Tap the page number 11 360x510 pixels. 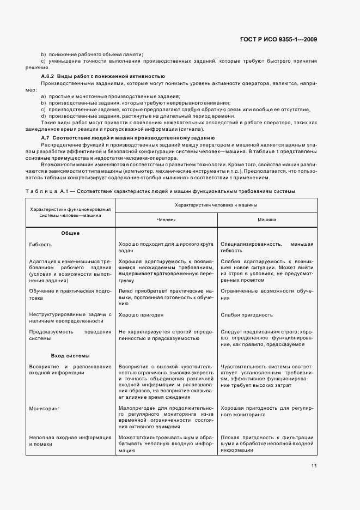[x=314, y=465]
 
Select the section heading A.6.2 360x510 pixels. [x=103, y=76]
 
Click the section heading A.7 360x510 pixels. [x=128, y=138]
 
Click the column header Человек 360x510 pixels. [x=166, y=220]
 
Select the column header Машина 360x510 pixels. [x=267, y=220]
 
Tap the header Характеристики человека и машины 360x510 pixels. [x=216, y=205]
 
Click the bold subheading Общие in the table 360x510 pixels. [x=70, y=233]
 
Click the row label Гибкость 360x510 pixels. [x=41, y=245]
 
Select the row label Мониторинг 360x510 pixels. [x=45, y=407]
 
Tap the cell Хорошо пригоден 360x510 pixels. [x=141, y=315]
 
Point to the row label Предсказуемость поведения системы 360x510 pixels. [x=70, y=334]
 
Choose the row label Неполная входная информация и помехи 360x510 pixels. [x=70, y=441]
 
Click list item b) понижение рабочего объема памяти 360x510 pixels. [x=92, y=54]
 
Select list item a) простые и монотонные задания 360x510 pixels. [x=100, y=96]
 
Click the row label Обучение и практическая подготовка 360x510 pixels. [x=70, y=295]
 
